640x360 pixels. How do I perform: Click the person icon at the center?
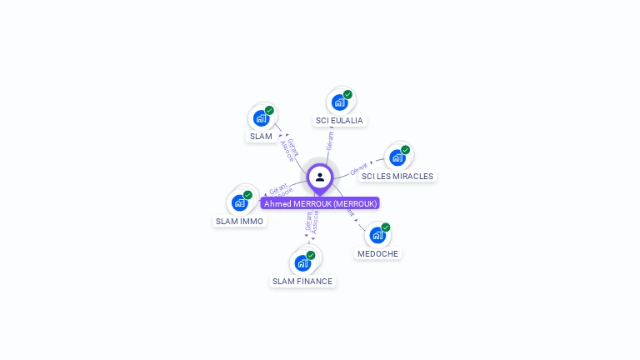pyautogui.click(x=320, y=177)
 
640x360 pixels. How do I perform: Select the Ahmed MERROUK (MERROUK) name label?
pyautogui.click(x=320, y=203)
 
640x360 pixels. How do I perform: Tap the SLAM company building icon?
pyautogui.click(x=261, y=117)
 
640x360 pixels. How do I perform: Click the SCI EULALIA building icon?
pyautogui.click(x=339, y=102)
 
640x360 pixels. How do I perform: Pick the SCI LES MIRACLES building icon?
pyautogui.click(x=397, y=157)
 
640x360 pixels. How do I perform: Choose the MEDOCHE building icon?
pyautogui.click(x=377, y=235)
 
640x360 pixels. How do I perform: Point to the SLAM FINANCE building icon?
pyautogui.click(x=302, y=263)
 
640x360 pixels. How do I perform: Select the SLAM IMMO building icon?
pyautogui.click(x=240, y=202)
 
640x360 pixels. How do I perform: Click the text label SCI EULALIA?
pyautogui.click(x=339, y=121)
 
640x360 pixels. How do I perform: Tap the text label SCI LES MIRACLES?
pyautogui.click(x=397, y=177)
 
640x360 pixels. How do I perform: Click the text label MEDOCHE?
pyautogui.click(x=377, y=253)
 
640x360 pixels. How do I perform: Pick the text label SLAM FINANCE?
pyautogui.click(x=302, y=282)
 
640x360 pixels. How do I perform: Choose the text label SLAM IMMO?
pyautogui.click(x=240, y=222)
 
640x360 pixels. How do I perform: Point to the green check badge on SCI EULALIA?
pyautogui.click(x=347, y=94)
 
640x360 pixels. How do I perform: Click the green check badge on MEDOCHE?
pyautogui.click(x=386, y=227)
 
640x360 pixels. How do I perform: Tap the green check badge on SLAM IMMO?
pyautogui.click(x=247, y=195)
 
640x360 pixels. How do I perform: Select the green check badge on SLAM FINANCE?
pyautogui.click(x=311, y=255)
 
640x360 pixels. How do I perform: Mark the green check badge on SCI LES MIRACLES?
pyautogui.click(x=406, y=150)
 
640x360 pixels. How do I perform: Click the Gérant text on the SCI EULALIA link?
pyautogui.click(x=330, y=140)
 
